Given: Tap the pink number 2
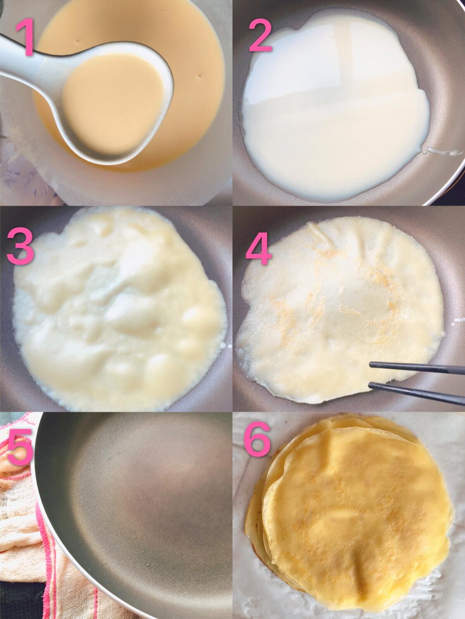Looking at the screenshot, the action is [x=260, y=35].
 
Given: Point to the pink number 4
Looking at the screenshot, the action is [x=258, y=248].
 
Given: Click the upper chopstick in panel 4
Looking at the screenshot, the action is [x=417, y=368].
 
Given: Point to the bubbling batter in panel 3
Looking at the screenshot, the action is [x=120, y=309].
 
